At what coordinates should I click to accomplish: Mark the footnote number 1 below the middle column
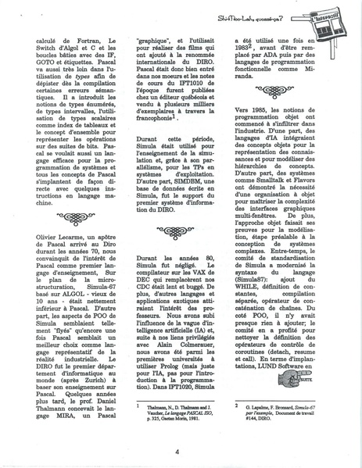click(138, 405)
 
